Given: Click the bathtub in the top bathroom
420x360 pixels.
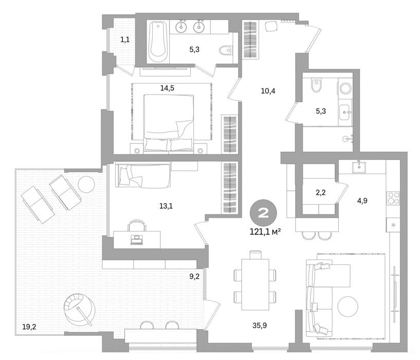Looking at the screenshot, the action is click(x=158, y=42).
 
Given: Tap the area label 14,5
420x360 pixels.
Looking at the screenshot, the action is click(x=167, y=87).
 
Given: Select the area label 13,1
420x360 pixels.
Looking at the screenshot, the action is click(x=166, y=206).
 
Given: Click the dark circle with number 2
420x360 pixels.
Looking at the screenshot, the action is click(x=263, y=213).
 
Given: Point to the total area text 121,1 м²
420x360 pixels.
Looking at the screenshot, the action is click(x=265, y=231).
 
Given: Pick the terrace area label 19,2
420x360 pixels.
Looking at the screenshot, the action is click(x=29, y=327).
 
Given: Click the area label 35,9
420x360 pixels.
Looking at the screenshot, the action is click(x=260, y=326).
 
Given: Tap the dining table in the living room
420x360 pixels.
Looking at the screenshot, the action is click(x=255, y=284).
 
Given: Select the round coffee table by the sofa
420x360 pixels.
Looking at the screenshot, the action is click(x=348, y=306).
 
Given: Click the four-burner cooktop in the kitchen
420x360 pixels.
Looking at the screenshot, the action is click(x=393, y=199).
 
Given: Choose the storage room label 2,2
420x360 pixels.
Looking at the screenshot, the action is click(x=321, y=192).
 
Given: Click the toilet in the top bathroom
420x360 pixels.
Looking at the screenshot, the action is click(x=225, y=50).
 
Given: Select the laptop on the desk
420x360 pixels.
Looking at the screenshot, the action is click(x=137, y=239).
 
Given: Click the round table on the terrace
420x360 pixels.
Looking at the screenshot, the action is click(x=86, y=184).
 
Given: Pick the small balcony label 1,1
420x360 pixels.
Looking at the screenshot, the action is click(x=125, y=40).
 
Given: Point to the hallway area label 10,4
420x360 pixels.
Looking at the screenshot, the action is click(x=268, y=91).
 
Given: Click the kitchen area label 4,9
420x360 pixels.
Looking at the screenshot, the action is click(x=362, y=201).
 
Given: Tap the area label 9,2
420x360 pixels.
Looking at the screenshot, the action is click(x=194, y=276).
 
